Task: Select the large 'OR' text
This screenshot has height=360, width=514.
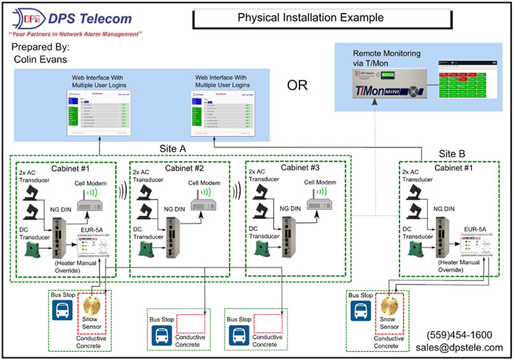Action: (297, 86)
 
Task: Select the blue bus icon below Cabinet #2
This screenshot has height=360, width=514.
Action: (161, 336)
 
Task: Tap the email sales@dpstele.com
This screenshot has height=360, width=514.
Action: (458, 347)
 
